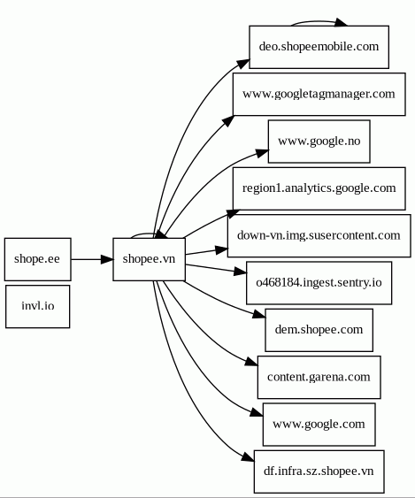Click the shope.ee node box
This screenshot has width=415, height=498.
[x=38, y=259]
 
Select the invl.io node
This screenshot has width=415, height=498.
[x=38, y=306]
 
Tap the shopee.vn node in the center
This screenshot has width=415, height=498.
[x=149, y=259]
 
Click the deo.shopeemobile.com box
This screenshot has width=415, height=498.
[x=319, y=47]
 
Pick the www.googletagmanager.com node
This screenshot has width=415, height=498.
[x=319, y=95]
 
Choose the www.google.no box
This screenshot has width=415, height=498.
[x=319, y=142]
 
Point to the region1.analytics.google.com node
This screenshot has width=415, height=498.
[x=319, y=188]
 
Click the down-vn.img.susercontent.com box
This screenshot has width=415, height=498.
[x=319, y=235]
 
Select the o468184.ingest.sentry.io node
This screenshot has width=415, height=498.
[x=319, y=283]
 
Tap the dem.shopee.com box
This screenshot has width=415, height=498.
[x=319, y=330]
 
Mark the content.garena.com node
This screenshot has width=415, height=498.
[x=319, y=378]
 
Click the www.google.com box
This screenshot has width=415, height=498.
[x=319, y=425]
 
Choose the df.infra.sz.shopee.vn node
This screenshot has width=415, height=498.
[x=319, y=471]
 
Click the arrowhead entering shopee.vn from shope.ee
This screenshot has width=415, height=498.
[x=107, y=259]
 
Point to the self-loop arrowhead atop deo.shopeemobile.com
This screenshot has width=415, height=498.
[x=341, y=22]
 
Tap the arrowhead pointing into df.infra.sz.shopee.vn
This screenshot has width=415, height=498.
[x=248, y=457]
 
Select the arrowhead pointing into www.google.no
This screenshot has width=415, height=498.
[x=262, y=153]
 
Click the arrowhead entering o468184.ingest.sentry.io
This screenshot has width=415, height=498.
[x=240, y=272]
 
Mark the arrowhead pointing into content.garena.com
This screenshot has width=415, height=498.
[x=251, y=362]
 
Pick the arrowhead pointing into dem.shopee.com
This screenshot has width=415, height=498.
[x=259, y=314]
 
